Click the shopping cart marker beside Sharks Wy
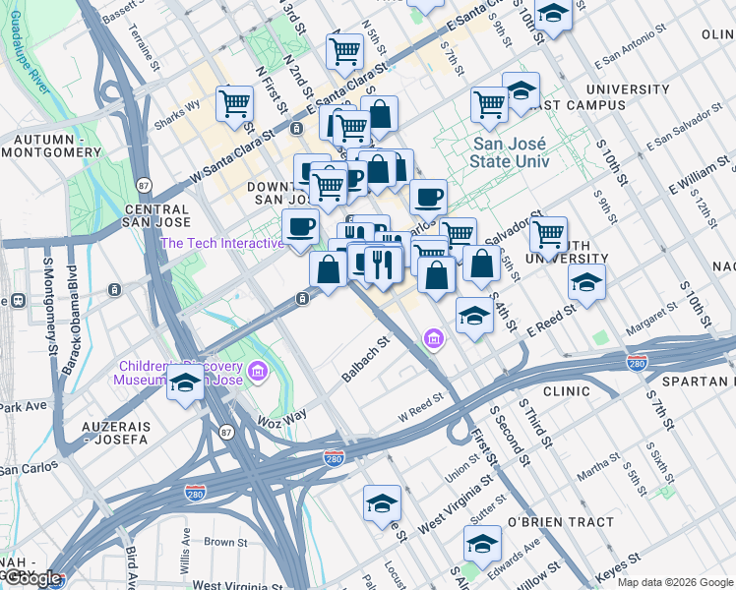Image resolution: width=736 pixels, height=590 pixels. [x=235, y=101]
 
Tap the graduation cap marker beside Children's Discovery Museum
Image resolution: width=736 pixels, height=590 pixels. [x=185, y=383]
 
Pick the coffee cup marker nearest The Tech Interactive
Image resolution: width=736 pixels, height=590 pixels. [x=301, y=227]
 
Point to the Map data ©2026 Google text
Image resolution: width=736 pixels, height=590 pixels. [x=675, y=582]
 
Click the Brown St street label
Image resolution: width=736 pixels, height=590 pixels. [x=225, y=542]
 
